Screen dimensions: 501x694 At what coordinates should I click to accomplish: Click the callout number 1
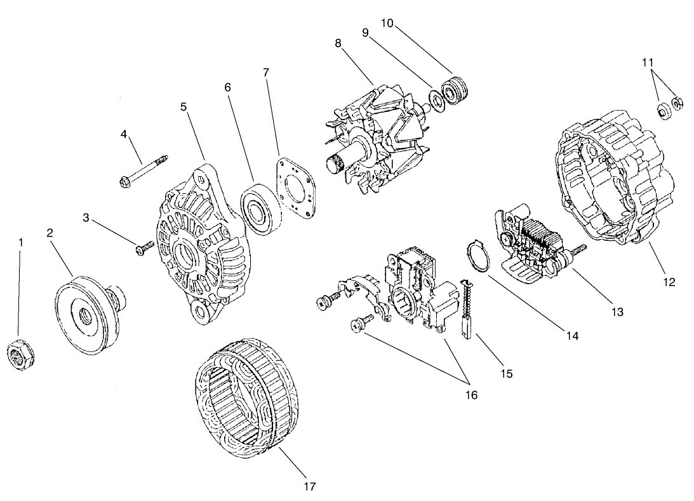point(21,242)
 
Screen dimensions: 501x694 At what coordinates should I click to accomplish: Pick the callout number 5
point(184,106)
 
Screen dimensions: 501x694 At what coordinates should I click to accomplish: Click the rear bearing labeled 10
point(454,90)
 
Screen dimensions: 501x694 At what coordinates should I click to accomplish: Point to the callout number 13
point(617,312)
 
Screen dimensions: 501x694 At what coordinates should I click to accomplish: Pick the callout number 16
point(470,395)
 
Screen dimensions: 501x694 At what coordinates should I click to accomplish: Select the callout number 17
point(309,486)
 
